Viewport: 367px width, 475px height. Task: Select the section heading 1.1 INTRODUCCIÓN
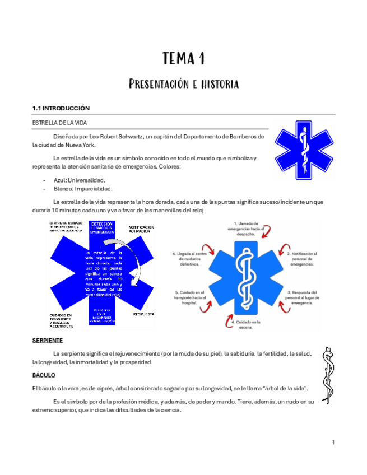point(61,108)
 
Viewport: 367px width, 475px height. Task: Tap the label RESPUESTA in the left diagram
point(143,314)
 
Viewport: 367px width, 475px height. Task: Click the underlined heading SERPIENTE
point(48,340)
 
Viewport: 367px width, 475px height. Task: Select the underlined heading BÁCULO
point(44,374)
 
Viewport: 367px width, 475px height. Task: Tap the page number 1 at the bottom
point(333,443)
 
